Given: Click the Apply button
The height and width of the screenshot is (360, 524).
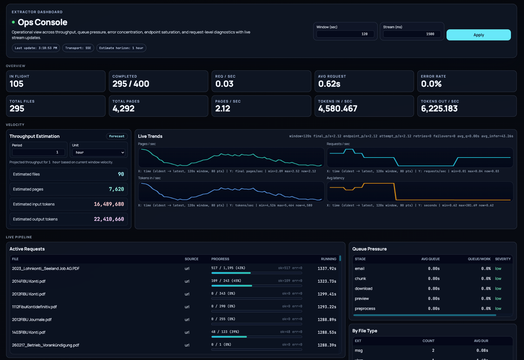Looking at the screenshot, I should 478,35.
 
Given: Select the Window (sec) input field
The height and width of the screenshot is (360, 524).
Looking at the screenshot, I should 345,34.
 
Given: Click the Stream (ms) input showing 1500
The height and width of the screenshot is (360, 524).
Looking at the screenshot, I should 412,34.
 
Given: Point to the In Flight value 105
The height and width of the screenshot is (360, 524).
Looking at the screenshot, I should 17,84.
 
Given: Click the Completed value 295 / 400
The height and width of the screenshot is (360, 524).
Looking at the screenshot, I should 131,84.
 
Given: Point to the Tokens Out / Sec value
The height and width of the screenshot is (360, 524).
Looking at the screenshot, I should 439,109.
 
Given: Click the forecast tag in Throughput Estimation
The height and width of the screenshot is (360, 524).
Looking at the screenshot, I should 117,136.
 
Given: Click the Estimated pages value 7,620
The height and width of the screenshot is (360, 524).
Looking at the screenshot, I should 116,189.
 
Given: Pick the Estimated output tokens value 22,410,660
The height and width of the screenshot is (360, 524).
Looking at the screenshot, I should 109,219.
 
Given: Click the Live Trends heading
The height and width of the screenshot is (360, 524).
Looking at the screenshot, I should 150,136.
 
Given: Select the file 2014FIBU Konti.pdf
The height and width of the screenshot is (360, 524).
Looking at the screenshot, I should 29,281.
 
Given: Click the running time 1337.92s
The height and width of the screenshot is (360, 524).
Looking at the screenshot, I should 327,269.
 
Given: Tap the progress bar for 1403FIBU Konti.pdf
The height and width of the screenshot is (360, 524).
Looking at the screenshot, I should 257,337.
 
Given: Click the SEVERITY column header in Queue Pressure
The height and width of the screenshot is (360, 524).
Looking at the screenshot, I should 503,259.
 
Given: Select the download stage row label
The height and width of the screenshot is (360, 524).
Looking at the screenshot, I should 364,288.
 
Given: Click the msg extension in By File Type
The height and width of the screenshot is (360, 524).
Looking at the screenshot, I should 359,351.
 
